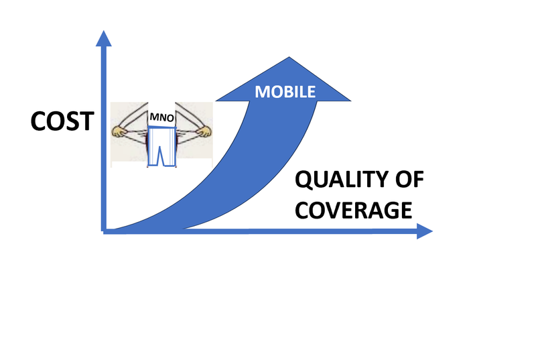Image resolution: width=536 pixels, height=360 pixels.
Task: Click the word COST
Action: pyautogui.click(x=62, y=121)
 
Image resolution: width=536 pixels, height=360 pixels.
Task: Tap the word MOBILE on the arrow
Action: pyautogui.click(x=285, y=92)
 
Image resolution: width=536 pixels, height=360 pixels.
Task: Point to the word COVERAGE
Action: pyautogui.click(x=354, y=211)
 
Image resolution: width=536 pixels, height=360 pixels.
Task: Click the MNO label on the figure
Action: pyautogui.click(x=161, y=117)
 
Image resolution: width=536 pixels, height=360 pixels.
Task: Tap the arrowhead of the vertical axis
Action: pyautogui.click(x=104, y=38)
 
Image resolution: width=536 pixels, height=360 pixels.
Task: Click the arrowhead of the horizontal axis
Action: pyautogui.click(x=425, y=231)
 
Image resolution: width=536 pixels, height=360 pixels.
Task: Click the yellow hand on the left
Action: pyautogui.click(x=119, y=131)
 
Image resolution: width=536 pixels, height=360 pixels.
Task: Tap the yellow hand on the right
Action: pyautogui.click(x=204, y=131)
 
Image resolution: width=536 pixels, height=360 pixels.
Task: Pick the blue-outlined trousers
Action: pyautogui.click(x=162, y=146)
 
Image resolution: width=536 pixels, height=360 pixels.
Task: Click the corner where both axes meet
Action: pyautogui.click(x=104, y=231)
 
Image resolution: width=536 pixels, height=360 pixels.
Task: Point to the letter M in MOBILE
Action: pyautogui.click(x=262, y=92)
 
